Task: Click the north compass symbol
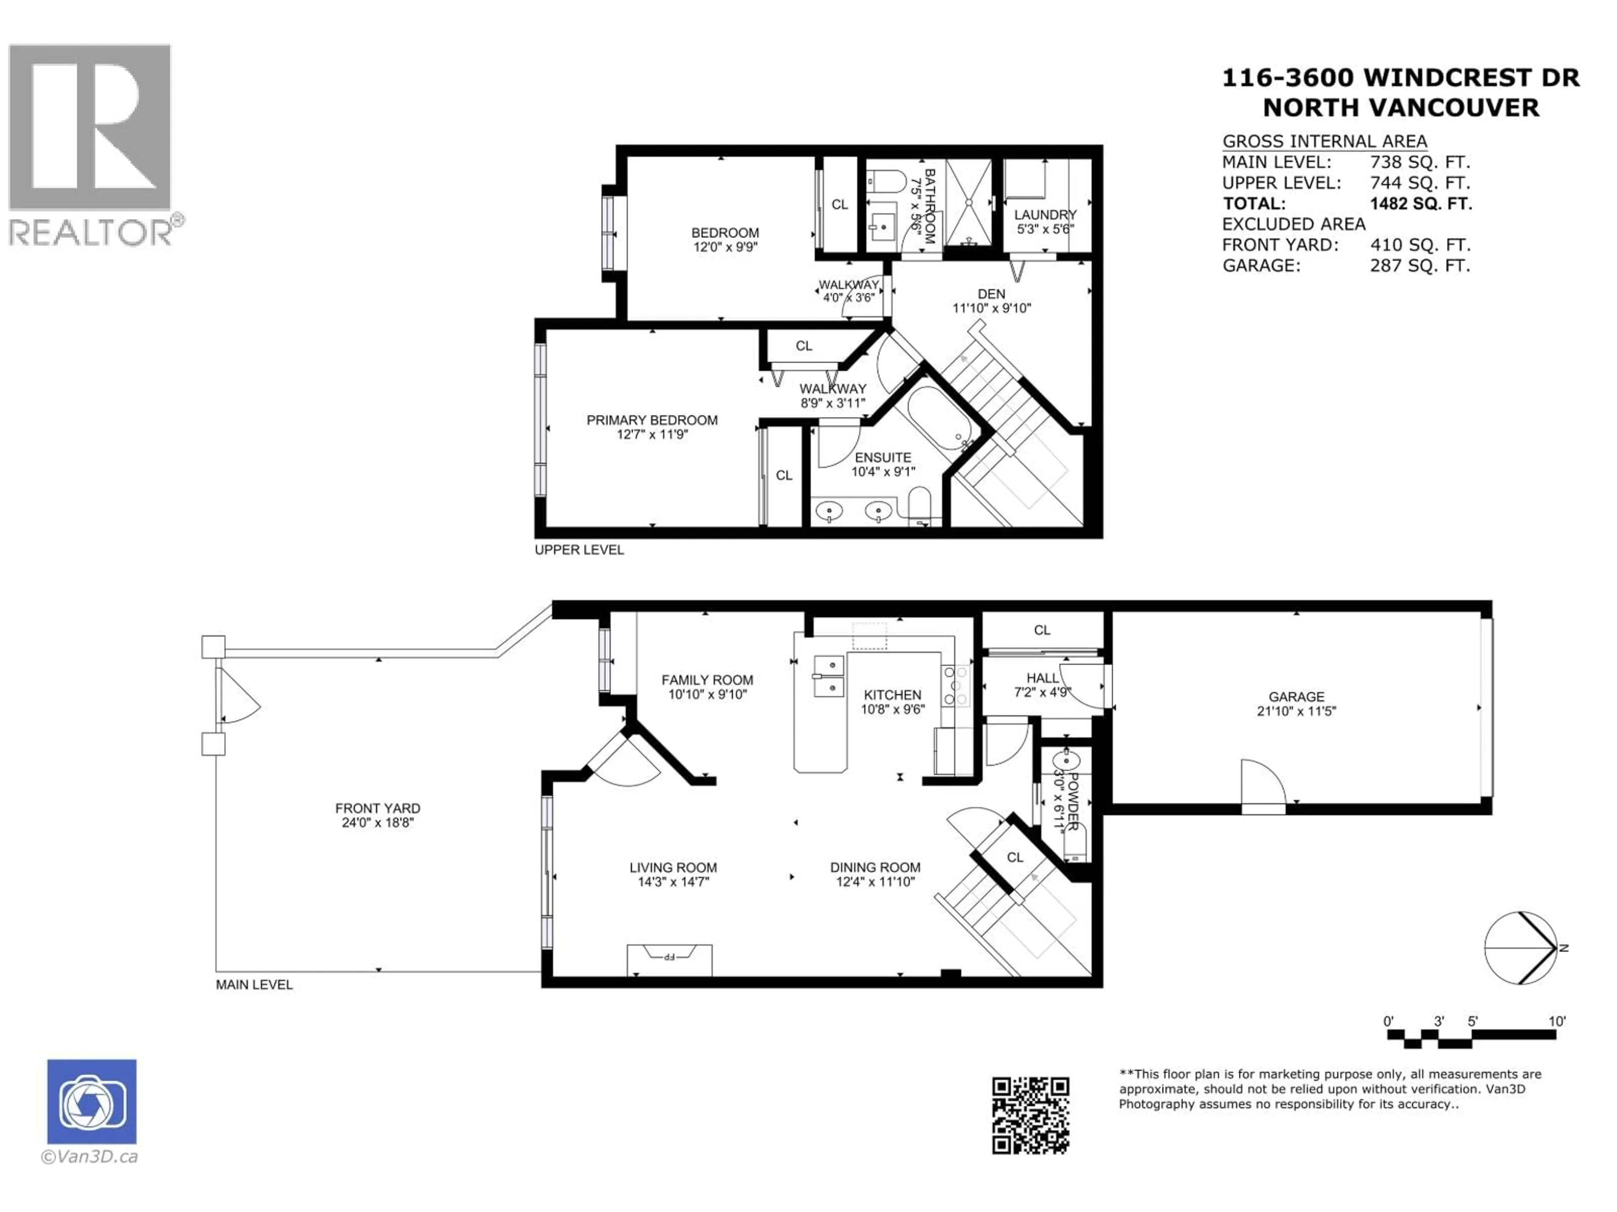tap(1521, 948)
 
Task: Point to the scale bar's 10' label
tap(1557, 1021)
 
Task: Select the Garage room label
tap(1296, 697)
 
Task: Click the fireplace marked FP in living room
tap(669, 959)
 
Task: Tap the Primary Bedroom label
tap(652, 420)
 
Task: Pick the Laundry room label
tap(1045, 215)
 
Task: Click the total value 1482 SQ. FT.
tap(1420, 204)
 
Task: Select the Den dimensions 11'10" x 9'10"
tap(991, 308)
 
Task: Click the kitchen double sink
tap(829, 677)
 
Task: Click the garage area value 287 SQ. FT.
tap(1420, 266)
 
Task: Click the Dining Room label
tap(875, 867)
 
